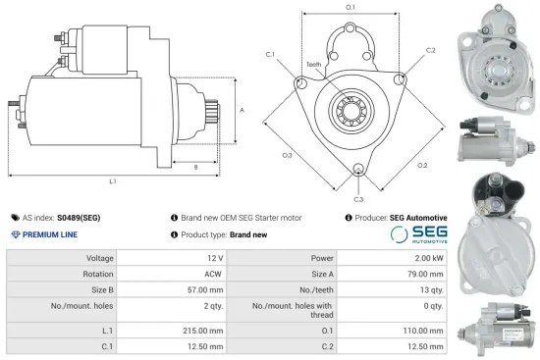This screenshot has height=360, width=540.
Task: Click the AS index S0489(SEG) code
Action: click(x=79, y=218)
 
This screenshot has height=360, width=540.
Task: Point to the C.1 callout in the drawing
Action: click(x=270, y=55)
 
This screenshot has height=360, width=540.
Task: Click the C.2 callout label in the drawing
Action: click(x=431, y=48)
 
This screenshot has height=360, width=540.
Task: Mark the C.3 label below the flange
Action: click(x=360, y=199)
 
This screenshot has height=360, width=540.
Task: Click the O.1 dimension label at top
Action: click(x=351, y=8)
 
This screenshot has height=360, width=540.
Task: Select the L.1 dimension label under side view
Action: click(x=114, y=181)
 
